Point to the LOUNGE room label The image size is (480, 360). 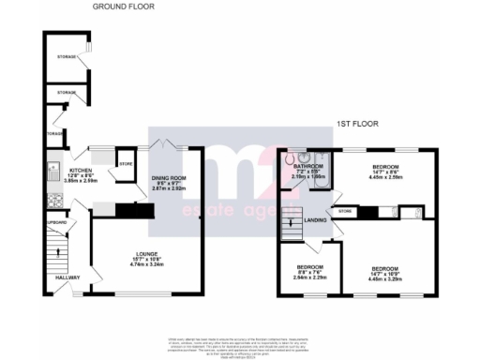click(145, 252)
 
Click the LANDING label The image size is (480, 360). click(316, 220)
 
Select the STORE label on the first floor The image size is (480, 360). click(345, 212)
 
